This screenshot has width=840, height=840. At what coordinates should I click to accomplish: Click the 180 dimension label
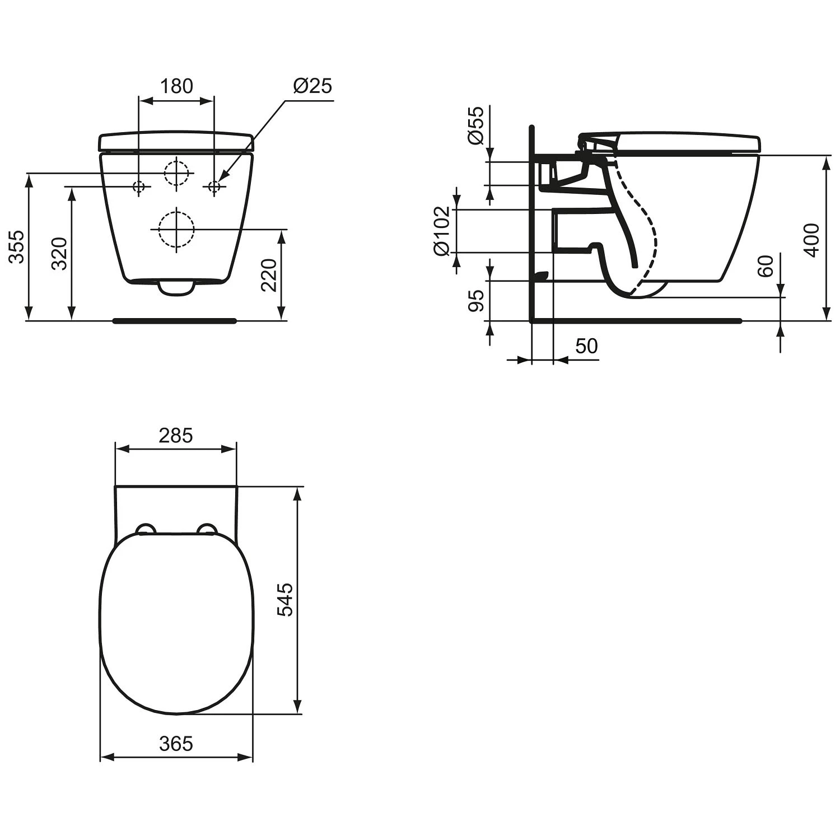coord(176,86)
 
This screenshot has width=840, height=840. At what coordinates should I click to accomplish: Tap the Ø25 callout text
coord(312,86)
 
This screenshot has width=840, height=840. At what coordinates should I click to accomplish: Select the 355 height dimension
coord(18,246)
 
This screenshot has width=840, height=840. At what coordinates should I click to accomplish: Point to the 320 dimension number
coord(60,253)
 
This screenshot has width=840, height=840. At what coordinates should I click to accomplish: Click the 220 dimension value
coord(270,274)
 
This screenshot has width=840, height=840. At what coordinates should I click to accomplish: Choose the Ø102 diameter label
coord(442,230)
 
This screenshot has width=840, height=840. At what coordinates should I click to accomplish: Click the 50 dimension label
coord(586,346)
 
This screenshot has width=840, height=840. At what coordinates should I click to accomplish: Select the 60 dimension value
coord(766,265)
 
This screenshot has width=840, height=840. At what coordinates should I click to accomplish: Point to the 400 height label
coord(811,240)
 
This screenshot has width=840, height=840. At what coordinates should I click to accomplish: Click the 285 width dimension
coord(175,435)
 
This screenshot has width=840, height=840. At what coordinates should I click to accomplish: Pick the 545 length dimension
coord(286,599)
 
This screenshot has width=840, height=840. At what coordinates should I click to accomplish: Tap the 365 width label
coord(176,744)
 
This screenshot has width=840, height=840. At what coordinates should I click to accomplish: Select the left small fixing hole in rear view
coord(139,186)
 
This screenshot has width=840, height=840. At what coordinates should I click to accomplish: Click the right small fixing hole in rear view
coord(214,186)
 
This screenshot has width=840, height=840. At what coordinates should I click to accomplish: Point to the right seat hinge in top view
coord(207,529)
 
